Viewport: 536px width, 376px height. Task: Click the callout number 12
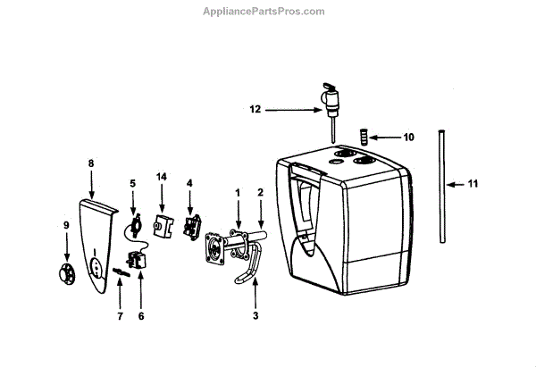[255, 110]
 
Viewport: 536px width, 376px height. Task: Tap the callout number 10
[408, 138]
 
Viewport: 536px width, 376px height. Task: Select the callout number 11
[473, 184]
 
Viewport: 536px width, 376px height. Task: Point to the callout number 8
[90, 163]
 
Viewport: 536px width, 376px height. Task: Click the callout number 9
[64, 226]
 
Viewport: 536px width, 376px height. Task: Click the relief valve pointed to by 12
[331, 97]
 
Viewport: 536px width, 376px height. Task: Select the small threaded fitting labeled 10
[363, 137]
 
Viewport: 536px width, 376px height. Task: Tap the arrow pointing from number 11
[456, 185]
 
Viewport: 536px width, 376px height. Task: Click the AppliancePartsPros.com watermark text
[267, 11]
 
